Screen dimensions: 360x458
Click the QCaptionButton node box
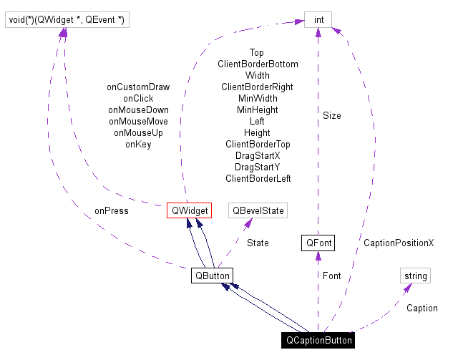click(x=318, y=341)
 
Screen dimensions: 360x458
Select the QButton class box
click(x=212, y=276)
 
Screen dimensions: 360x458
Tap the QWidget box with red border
click(x=189, y=210)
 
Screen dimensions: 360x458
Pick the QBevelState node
click(x=257, y=210)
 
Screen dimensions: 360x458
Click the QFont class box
click(x=318, y=243)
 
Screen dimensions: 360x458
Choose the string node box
click(x=415, y=276)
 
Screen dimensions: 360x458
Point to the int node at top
click(x=318, y=20)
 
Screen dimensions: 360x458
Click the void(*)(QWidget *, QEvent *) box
click(x=67, y=20)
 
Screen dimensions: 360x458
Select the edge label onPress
click(x=111, y=211)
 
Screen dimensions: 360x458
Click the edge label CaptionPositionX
click(x=399, y=243)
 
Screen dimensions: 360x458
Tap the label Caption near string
click(x=422, y=308)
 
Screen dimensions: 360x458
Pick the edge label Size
click(x=331, y=115)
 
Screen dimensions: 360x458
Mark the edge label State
click(x=258, y=243)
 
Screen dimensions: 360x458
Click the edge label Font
click(x=331, y=276)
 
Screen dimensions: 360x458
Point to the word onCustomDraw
click(x=138, y=87)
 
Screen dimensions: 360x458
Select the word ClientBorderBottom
click(x=258, y=64)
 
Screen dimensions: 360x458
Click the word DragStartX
click(x=258, y=155)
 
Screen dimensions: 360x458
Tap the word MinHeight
click(x=258, y=110)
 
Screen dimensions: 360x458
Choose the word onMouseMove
click(x=138, y=122)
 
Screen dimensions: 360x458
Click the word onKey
click(x=138, y=145)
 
